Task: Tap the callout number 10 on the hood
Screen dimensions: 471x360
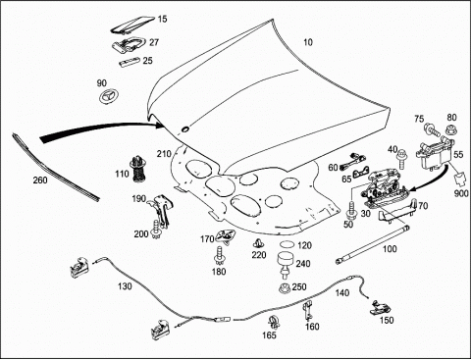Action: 308,42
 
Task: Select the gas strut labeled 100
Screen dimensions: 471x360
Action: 372,243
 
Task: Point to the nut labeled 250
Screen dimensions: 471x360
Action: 285,288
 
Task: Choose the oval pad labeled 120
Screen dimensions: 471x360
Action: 288,244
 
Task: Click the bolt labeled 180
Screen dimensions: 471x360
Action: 219,256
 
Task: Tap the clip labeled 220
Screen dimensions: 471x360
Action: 259,244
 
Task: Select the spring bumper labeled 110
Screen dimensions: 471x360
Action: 138,170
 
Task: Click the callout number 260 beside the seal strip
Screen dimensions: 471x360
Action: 40,180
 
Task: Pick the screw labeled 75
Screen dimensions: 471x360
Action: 433,130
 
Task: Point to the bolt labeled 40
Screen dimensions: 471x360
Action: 401,159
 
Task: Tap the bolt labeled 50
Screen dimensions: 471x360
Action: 352,211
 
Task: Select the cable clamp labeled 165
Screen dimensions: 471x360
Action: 274,322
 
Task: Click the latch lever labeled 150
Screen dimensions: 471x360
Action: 381,308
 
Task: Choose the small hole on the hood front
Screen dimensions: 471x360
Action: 185,129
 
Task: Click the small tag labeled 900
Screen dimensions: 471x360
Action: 459,180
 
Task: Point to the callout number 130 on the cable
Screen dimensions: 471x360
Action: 125,286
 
